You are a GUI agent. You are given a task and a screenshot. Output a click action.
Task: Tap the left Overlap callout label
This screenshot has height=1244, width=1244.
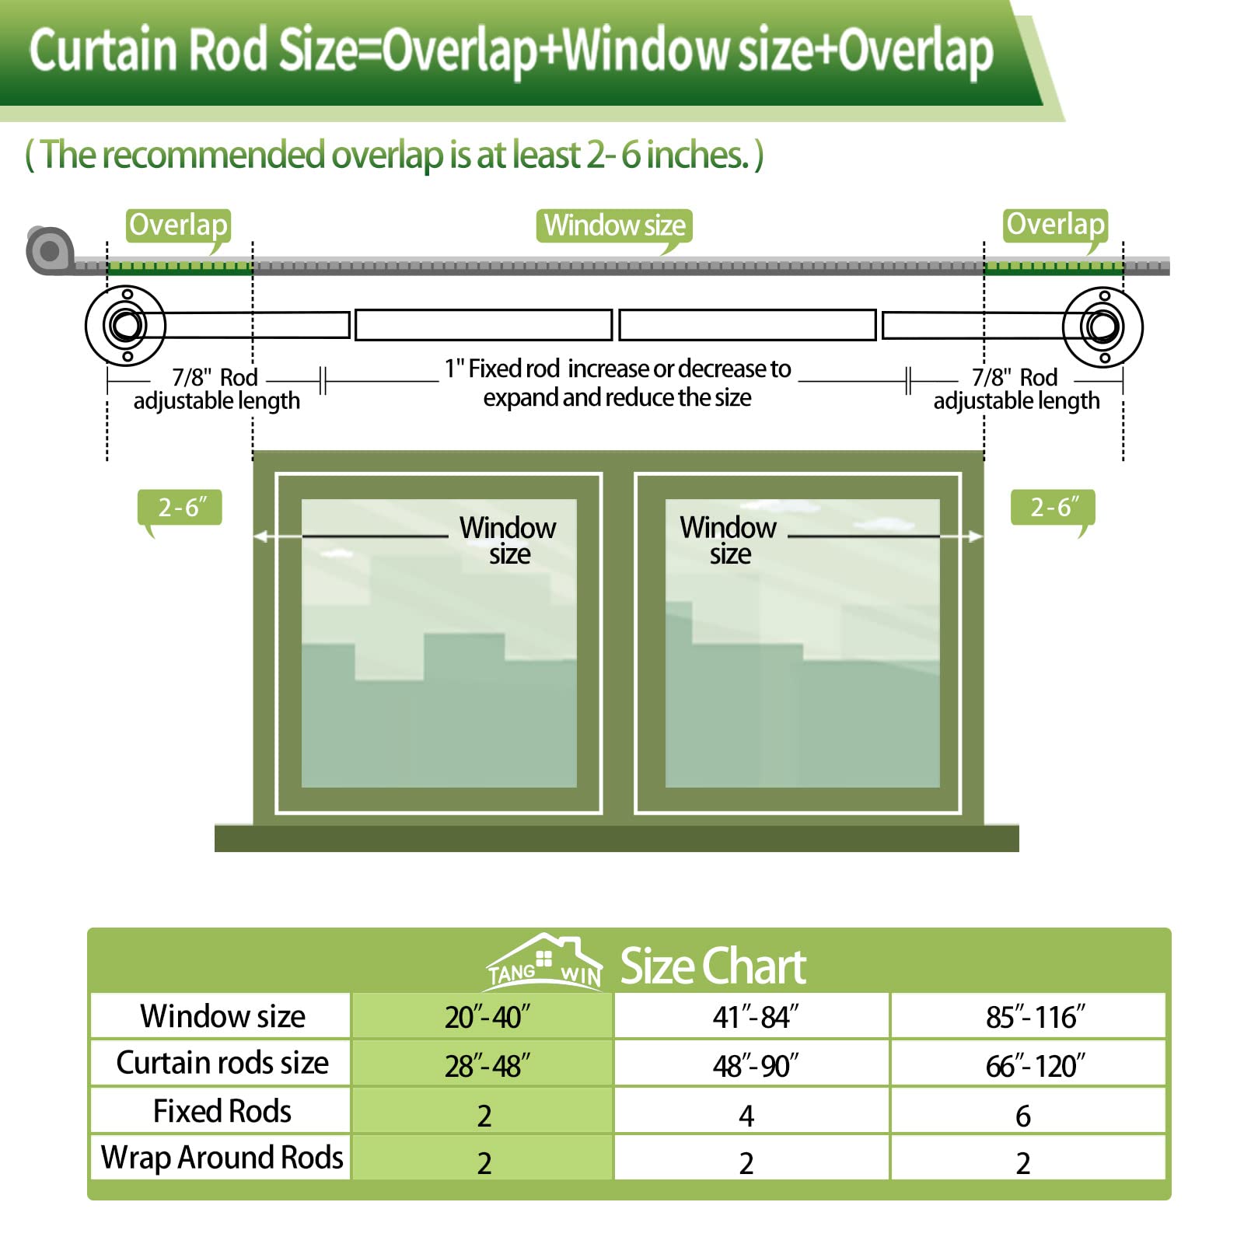coord(178,225)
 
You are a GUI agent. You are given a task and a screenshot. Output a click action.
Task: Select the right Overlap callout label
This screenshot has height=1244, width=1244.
coord(1055,225)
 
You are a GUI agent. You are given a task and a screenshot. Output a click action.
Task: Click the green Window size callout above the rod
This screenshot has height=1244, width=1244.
coord(614,225)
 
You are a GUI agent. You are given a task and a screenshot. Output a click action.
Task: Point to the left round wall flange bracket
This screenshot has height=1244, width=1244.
coord(125,326)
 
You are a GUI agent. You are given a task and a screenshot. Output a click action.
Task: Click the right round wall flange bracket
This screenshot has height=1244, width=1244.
coord(1102,326)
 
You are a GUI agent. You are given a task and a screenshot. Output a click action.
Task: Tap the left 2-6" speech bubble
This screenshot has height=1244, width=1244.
coord(180,508)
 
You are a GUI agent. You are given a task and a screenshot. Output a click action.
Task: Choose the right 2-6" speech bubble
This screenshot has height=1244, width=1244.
coord(1053,508)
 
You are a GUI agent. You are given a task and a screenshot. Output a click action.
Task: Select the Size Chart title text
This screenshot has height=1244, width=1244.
coord(712,966)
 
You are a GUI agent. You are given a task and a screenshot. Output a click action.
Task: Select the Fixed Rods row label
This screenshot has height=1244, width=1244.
coord(222,1111)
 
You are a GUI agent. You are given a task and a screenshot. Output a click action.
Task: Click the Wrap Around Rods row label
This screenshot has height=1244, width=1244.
coord(222,1158)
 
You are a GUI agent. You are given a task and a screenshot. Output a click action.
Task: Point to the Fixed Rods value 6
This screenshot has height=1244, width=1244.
coord(1023,1116)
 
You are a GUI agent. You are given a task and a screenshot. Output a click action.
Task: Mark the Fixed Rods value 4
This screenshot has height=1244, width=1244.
coord(746,1116)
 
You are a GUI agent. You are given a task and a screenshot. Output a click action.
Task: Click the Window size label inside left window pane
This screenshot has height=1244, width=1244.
coord(508,540)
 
